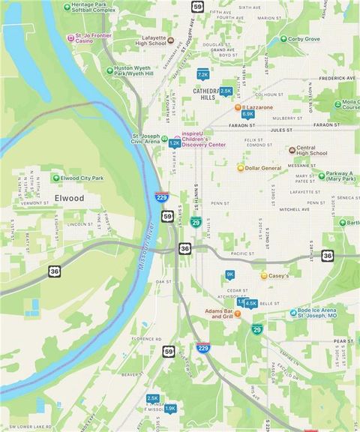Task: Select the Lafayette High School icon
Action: tap(170, 40)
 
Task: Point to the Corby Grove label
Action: tap(304, 39)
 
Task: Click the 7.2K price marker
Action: tap(202, 75)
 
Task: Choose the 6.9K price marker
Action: tap(248, 114)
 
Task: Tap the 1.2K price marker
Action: tap(174, 142)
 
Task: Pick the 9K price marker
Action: tap(230, 274)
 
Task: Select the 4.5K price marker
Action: tap(250, 303)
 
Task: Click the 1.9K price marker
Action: tap(170, 408)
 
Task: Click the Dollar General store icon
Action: tap(241, 168)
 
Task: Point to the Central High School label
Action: tap(312, 151)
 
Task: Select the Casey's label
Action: tap(278, 276)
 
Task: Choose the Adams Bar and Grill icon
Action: tap(237, 313)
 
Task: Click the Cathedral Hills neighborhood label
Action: tap(204, 94)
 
